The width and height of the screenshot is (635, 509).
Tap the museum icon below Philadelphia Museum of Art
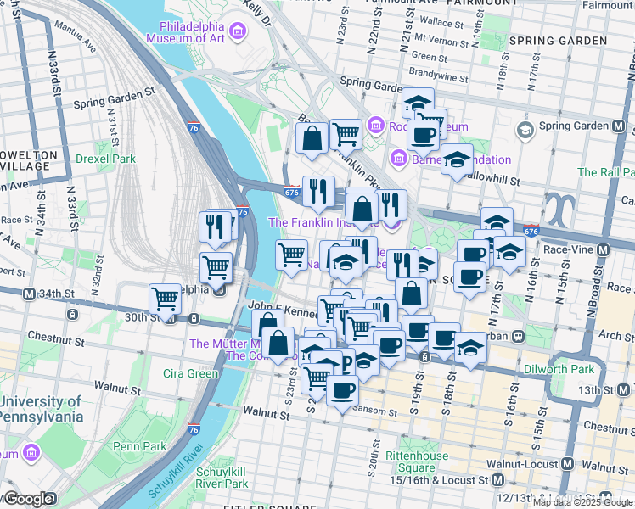click(238, 32)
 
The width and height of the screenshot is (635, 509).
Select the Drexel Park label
click(105, 159)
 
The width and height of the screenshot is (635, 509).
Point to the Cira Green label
click(190, 373)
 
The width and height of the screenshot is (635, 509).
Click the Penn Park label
click(140, 445)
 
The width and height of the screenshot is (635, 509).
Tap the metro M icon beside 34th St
click(29, 294)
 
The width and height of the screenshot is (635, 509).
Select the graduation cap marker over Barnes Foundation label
click(457, 160)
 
